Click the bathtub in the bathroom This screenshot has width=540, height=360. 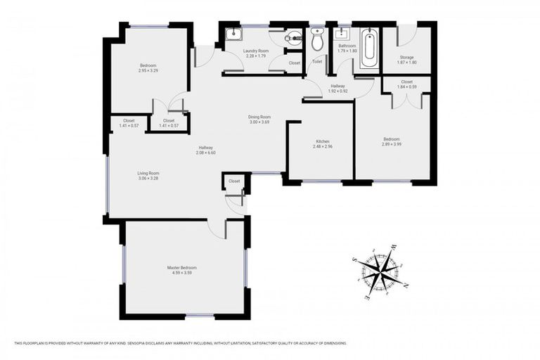(x=369, y=48)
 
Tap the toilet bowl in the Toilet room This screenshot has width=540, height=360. (x=317, y=41)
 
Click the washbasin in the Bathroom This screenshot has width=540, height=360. (x=344, y=33)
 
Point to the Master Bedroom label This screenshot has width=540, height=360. (x=181, y=268)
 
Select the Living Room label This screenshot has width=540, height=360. (x=148, y=173)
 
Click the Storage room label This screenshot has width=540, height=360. (x=406, y=57)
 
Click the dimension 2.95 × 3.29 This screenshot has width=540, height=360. (x=148, y=70)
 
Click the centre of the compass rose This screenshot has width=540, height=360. (x=380, y=270)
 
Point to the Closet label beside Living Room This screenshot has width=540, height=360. (x=234, y=181)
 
